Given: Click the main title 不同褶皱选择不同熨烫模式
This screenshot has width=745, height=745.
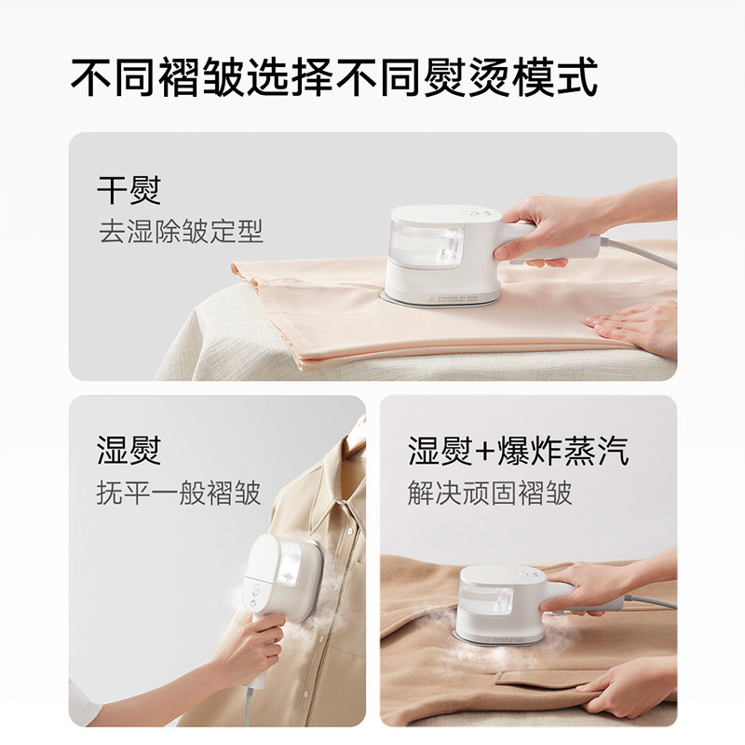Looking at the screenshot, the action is pyautogui.click(x=334, y=77).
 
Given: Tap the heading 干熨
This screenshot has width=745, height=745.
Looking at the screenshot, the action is pyautogui.click(x=129, y=190).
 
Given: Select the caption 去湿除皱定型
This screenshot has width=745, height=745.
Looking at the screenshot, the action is pyautogui.click(x=181, y=231).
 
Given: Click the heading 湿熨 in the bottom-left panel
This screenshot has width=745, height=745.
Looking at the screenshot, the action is pyautogui.click(x=129, y=450).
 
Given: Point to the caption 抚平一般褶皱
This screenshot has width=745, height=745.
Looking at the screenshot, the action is pyautogui.click(x=179, y=493).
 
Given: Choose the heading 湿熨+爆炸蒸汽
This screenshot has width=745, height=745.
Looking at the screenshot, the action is pyautogui.click(x=519, y=450).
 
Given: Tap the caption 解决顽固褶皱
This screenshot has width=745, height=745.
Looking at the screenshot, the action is pyautogui.click(x=490, y=493).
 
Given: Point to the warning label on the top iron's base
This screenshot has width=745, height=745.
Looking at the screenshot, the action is pyautogui.click(x=453, y=299).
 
